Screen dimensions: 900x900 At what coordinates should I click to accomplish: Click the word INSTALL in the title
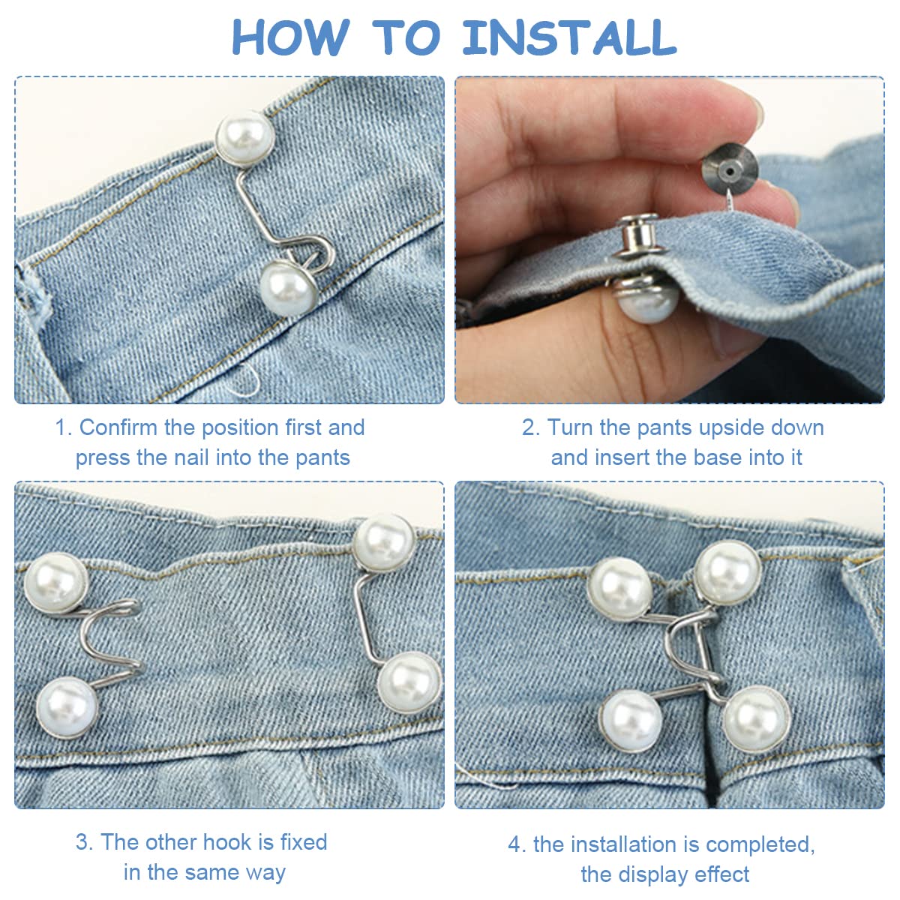569,37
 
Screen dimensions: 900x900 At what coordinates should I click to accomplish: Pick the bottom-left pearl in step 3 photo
67,707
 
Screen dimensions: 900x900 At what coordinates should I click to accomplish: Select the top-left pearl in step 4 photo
619,588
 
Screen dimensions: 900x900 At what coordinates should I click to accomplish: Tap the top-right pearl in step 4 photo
727,572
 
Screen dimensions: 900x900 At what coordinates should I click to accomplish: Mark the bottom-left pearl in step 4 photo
631,721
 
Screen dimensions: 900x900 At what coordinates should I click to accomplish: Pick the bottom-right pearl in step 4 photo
756,718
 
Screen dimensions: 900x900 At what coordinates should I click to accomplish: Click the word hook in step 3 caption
227,842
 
